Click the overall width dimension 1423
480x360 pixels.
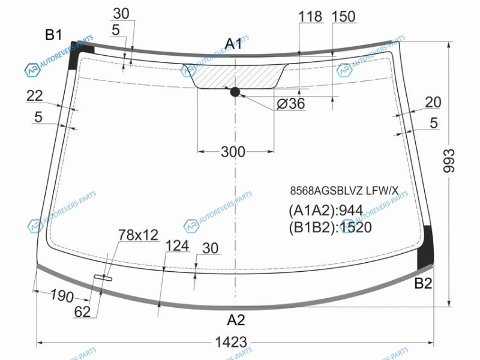231,342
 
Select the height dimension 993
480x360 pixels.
449,161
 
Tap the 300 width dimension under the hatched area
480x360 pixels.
233,152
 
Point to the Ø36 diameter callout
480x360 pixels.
291,103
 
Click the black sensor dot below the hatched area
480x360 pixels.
235,92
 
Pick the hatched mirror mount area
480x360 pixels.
235,76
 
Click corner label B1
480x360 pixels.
53,35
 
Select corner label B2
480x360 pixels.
423,283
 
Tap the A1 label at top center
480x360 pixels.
233,44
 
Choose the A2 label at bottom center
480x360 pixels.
236,320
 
